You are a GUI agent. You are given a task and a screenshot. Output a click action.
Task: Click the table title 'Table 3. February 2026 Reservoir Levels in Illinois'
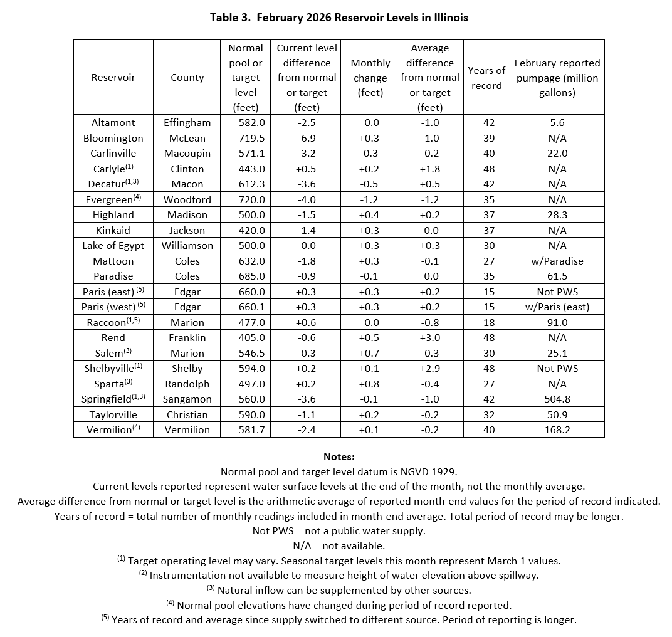(339, 18)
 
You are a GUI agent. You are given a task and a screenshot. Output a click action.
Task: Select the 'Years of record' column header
(486, 78)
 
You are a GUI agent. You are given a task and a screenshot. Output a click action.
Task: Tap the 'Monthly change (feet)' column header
(370, 78)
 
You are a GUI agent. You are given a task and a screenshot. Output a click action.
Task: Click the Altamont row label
(113, 123)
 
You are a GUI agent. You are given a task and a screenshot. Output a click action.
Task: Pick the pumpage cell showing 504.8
(557, 399)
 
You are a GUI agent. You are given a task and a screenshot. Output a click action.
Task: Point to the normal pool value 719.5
(245, 138)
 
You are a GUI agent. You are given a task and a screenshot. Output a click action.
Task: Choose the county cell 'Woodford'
(187, 199)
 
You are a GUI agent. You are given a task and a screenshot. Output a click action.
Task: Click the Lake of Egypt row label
(113, 246)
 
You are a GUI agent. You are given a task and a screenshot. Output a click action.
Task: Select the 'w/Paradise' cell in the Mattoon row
(557, 261)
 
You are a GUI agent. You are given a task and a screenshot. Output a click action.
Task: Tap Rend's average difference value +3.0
(429, 338)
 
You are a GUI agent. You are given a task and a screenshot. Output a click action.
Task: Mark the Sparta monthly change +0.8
(370, 384)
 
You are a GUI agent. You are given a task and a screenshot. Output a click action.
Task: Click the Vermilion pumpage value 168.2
(557, 430)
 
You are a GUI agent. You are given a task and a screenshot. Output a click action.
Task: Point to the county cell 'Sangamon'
(187, 399)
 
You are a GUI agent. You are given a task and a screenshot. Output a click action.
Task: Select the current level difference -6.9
(307, 138)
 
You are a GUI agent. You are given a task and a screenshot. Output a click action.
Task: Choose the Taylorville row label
(113, 414)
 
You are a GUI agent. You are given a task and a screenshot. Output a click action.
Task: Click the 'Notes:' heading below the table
(339, 457)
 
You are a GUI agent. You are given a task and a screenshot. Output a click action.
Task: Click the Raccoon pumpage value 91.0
(557, 322)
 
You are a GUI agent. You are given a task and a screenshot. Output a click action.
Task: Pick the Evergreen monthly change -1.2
(370, 199)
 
